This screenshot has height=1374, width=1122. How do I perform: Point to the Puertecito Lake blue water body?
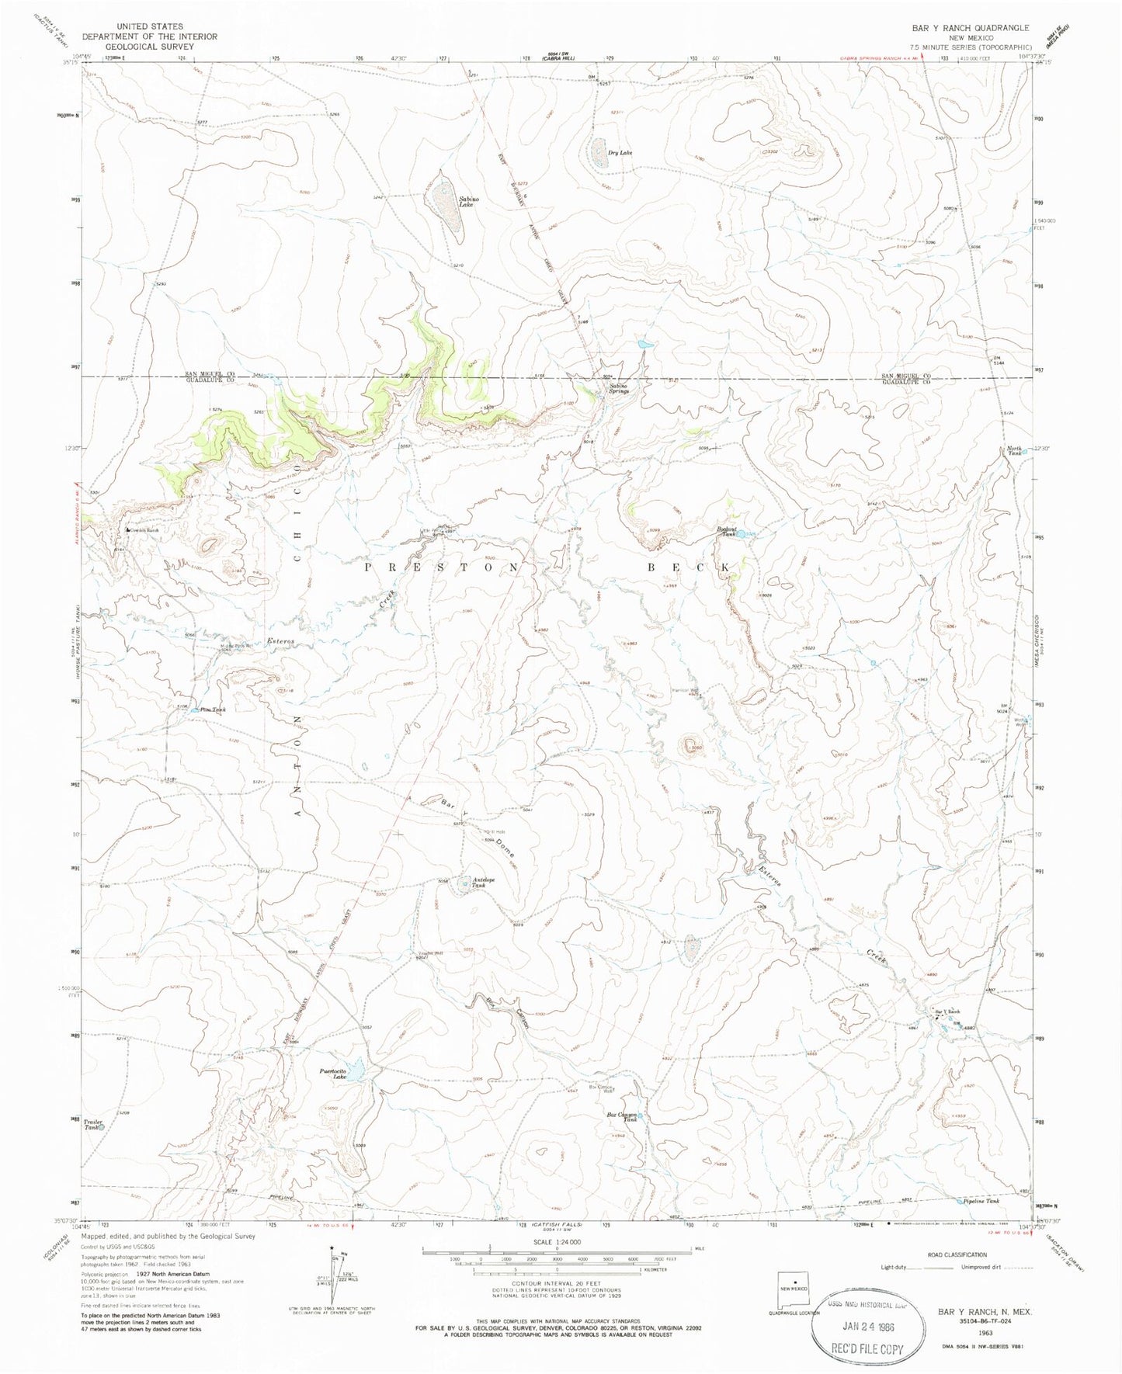pos(356,1071)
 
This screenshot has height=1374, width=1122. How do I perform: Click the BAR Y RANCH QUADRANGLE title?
pos(971,27)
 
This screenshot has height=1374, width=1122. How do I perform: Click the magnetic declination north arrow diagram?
pos(330,1282)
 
